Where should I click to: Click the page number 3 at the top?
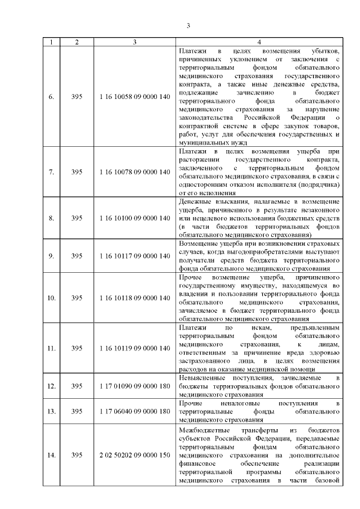click(188, 25)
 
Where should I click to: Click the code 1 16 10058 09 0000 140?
click(134, 97)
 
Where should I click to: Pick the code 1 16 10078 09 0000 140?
click(134, 172)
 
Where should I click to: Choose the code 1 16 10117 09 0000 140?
click(134, 256)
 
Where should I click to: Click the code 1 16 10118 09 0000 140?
click(134, 298)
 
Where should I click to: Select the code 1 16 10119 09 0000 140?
click(134, 348)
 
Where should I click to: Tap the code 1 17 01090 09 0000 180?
click(134, 386)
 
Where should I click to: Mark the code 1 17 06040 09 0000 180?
click(134, 411)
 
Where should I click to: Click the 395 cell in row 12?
click(77, 386)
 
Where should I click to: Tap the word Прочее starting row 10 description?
click(189, 277)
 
